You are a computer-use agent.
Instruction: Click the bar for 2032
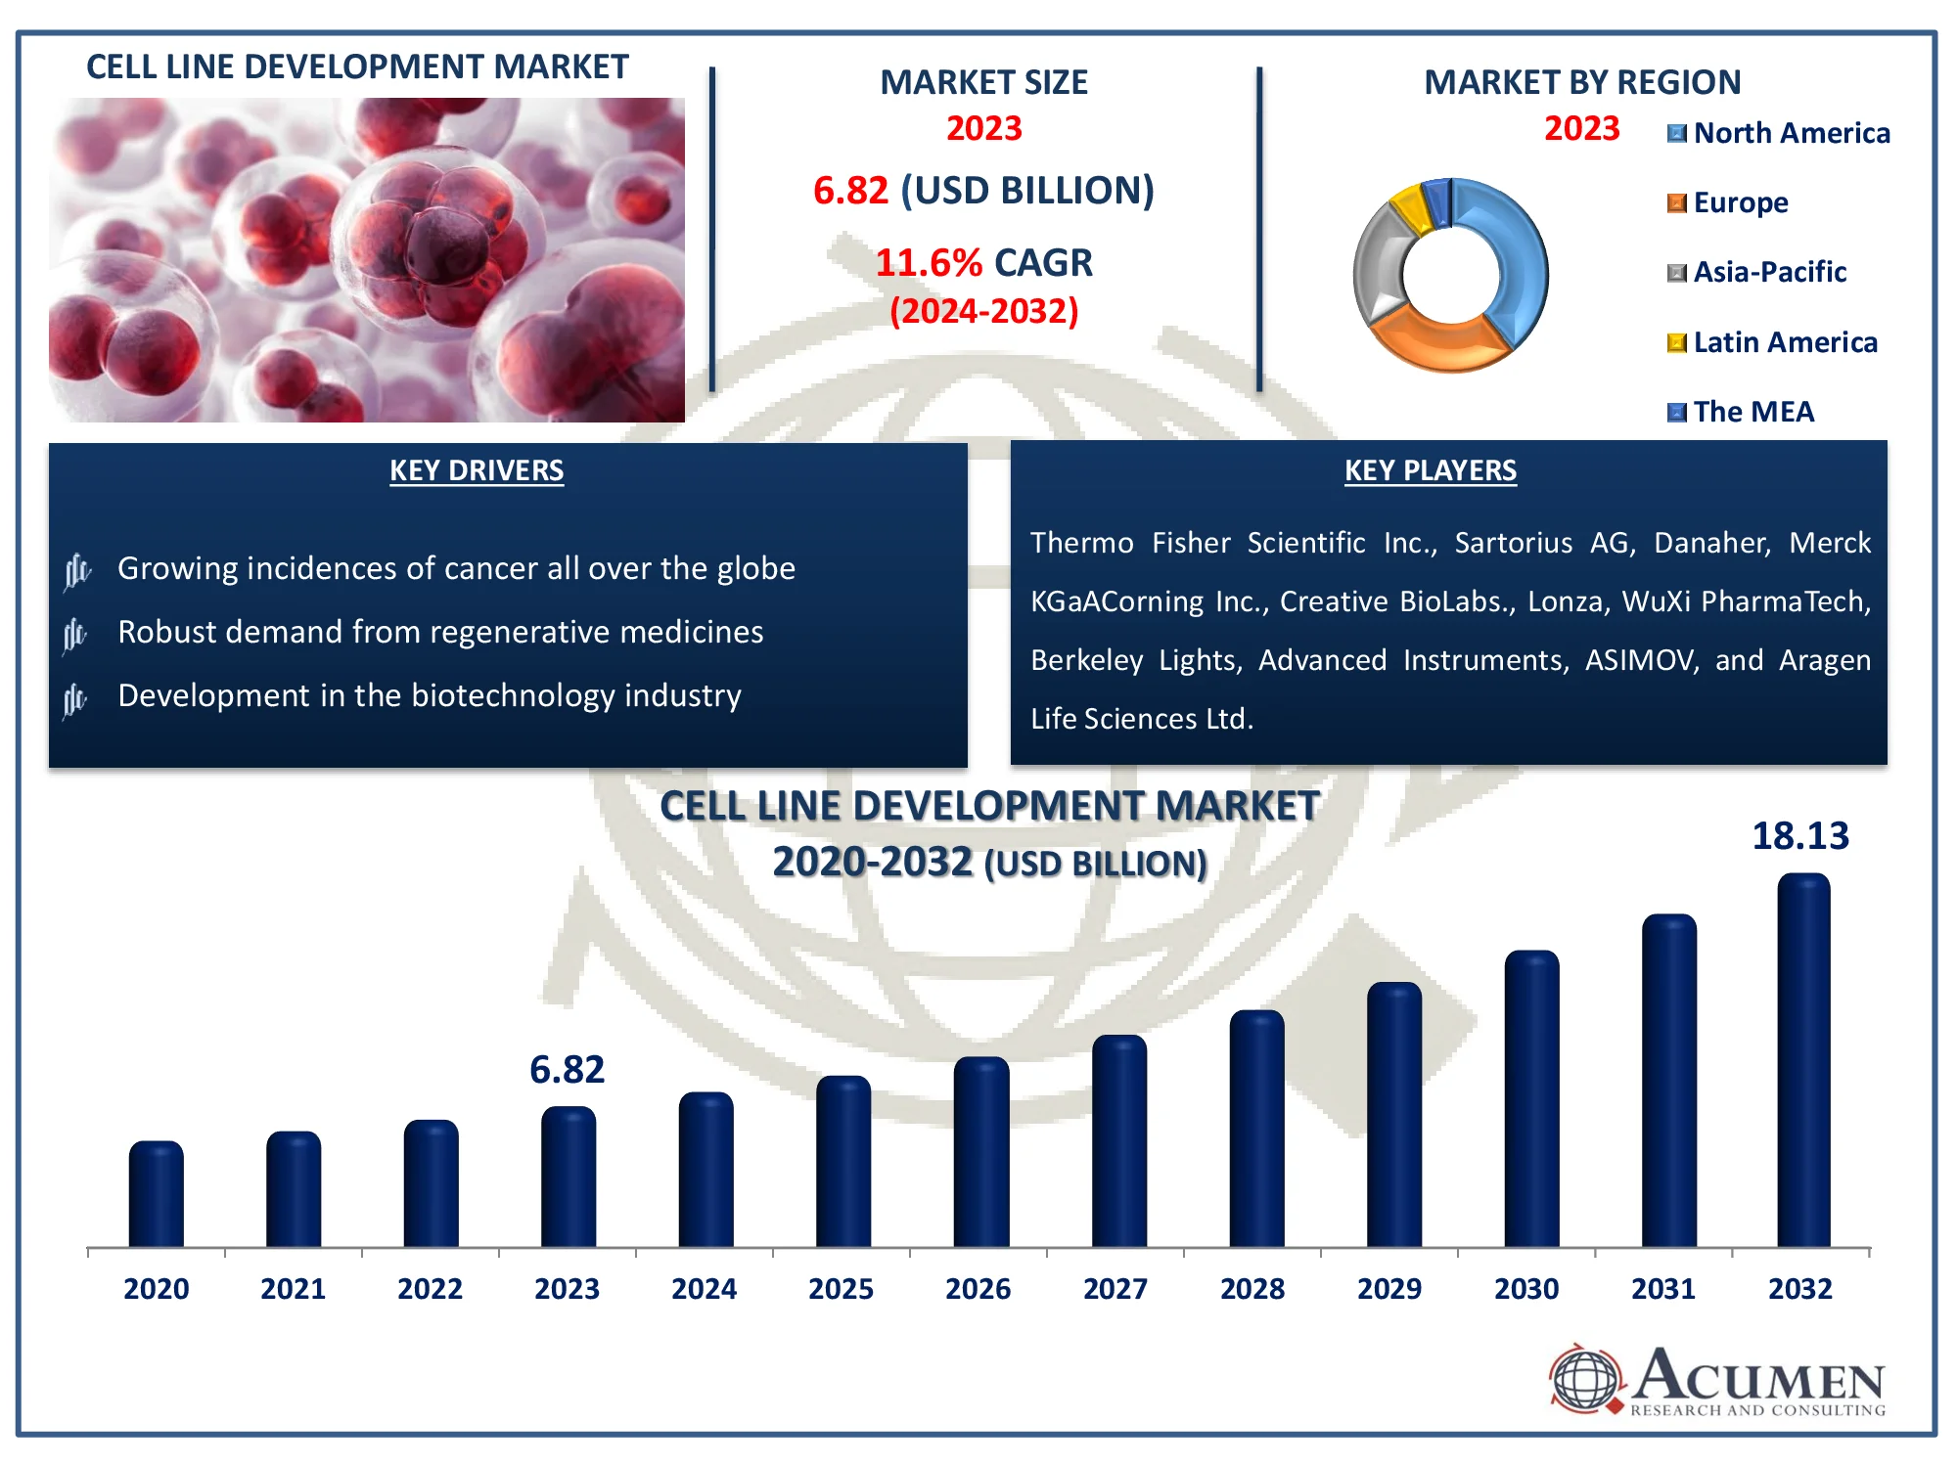[x=1803, y=1061]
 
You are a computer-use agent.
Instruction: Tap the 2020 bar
[x=156, y=1194]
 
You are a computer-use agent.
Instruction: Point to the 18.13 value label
[x=1799, y=836]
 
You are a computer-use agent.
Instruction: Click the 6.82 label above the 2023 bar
[x=567, y=1070]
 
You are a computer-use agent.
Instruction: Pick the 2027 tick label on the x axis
[x=1115, y=1289]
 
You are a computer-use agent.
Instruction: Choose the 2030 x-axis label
[x=1525, y=1289]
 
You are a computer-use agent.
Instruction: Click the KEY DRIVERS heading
[x=477, y=470]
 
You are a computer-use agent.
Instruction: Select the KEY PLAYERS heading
[x=1430, y=470]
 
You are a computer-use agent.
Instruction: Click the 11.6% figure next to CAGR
[x=928, y=263]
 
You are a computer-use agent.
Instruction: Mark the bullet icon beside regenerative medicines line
[x=75, y=635]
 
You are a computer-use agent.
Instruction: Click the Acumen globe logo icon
[x=1585, y=1379]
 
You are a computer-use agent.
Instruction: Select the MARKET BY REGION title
[x=1581, y=82]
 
